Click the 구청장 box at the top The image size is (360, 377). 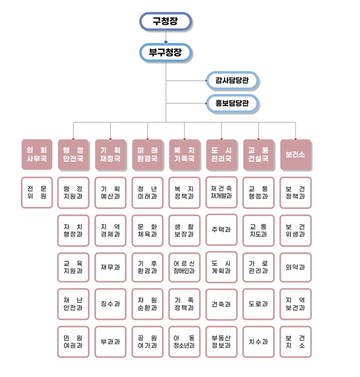166,21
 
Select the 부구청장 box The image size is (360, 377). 166,52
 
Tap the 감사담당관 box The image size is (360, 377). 232,80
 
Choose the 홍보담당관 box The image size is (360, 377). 232,103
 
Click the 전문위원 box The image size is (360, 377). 37,192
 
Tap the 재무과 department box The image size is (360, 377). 111,267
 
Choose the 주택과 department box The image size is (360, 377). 222,230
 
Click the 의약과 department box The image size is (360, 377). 296,267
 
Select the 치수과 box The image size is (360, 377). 259,342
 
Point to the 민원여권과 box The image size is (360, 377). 74,342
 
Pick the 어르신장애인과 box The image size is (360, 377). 185,267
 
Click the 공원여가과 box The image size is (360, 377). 148,342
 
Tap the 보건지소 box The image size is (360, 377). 296,342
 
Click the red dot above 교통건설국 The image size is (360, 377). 259,139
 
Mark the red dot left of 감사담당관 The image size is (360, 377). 206,80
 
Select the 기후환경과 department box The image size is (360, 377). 148,267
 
